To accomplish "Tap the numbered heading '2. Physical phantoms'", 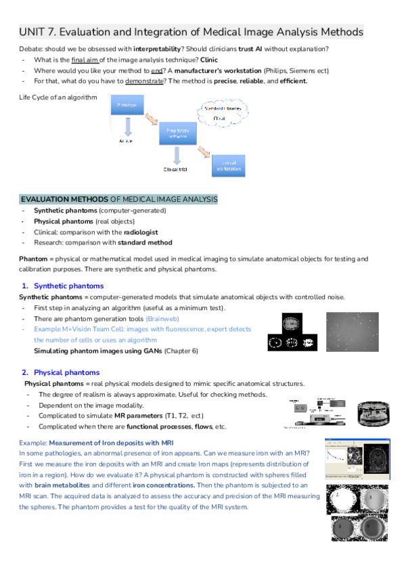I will click(61, 372).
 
